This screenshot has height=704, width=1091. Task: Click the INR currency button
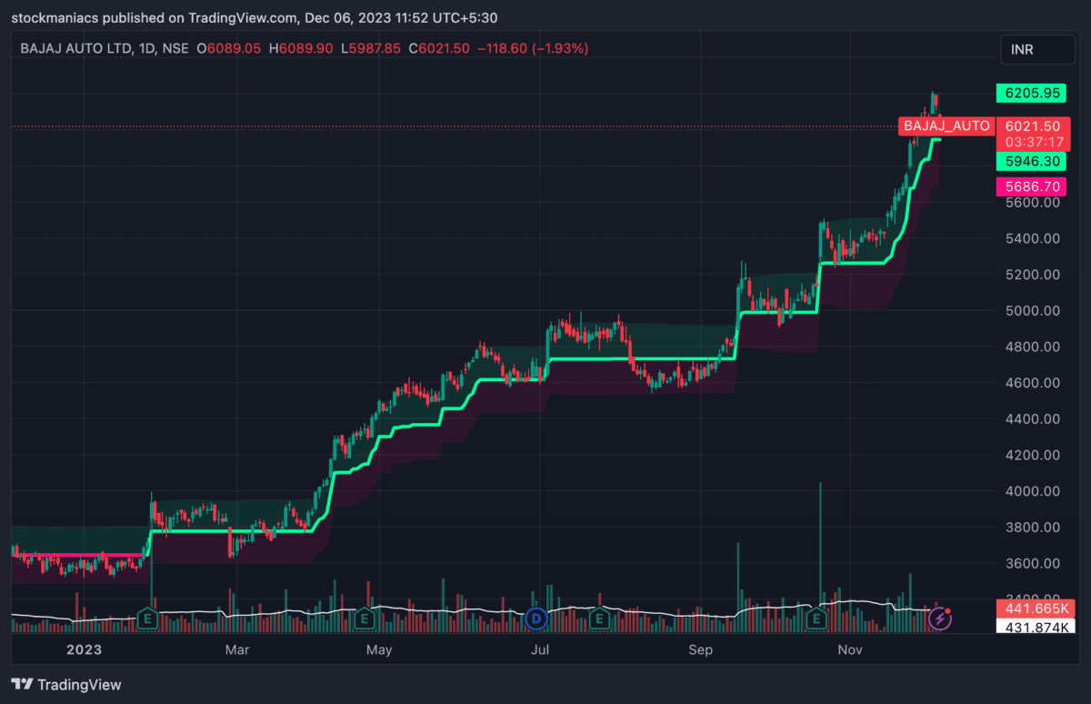[x=1036, y=50]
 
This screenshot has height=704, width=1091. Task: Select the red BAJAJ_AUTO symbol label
[x=946, y=126]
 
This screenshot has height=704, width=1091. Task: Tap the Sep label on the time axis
[x=700, y=649]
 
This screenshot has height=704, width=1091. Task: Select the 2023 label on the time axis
[x=83, y=649]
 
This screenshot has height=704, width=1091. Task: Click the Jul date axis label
[x=541, y=649]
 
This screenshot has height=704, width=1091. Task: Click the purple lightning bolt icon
[x=941, y=620]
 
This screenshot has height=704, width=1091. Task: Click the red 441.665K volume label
[x=1035, y=608]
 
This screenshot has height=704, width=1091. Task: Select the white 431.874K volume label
[x=1035, y=628]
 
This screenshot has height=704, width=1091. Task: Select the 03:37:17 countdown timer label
[x=1035, y=142]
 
